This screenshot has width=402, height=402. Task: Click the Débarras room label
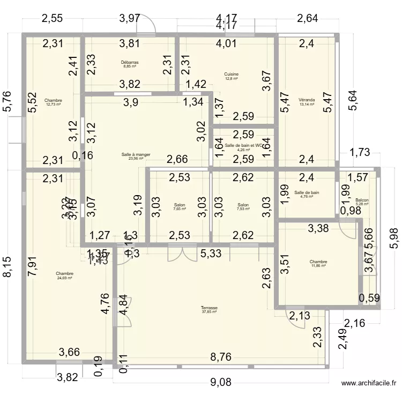[129, 63]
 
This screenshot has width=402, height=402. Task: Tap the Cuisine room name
[232, 74]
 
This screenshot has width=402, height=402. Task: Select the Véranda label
[307, 100]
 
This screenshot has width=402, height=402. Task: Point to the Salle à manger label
[136, 154]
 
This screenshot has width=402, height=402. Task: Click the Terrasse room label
[209, 308]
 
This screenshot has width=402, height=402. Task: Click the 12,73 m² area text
[53, 105]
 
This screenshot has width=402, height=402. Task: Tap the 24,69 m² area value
[64, 278]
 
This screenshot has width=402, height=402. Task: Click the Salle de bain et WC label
[244, 145]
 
